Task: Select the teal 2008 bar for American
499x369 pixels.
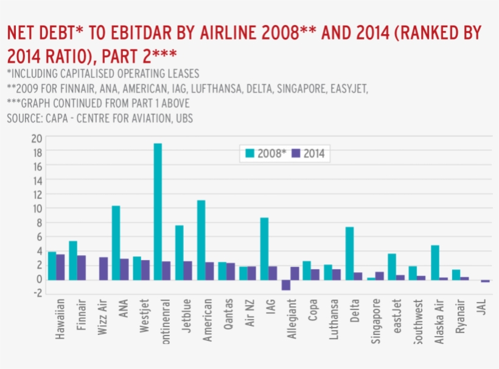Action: pos(201,240)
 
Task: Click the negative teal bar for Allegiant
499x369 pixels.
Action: pos(285,284)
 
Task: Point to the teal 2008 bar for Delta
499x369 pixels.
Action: pos(349,253)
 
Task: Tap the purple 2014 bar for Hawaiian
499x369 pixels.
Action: pos(60,267)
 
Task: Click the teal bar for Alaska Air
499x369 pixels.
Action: pos(434,262)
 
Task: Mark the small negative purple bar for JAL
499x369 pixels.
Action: pos(485,281)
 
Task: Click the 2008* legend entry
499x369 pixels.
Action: pos(265,154)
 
